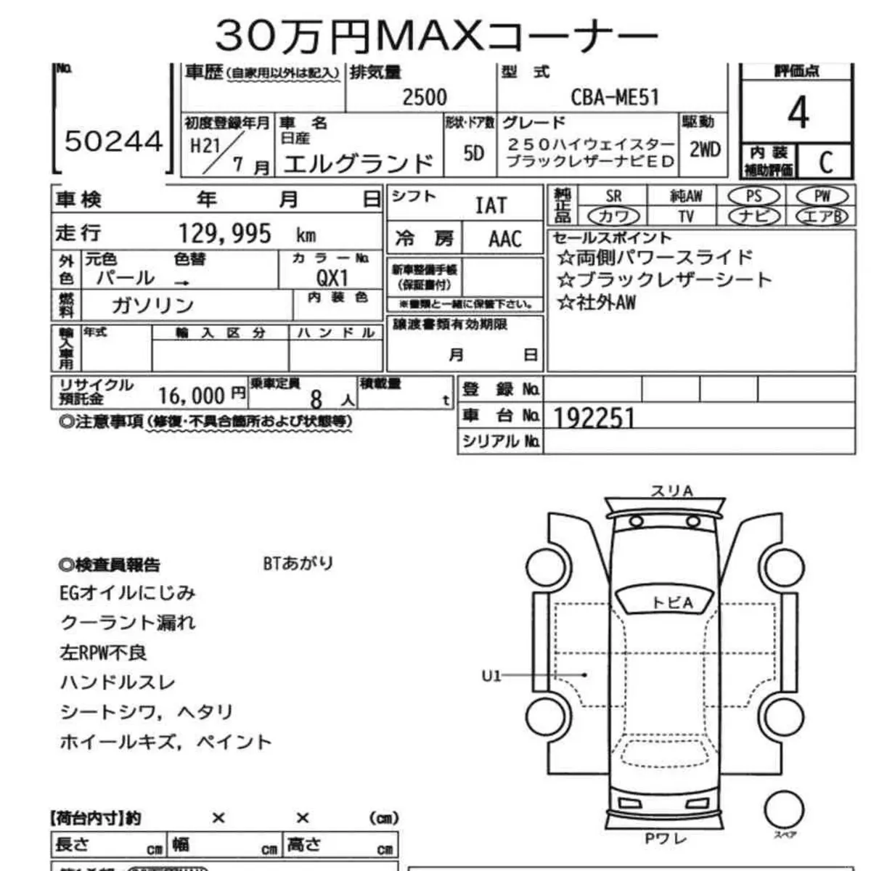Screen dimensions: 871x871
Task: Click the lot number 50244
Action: tap(114, 141)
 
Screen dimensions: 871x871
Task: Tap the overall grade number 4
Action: tap(798, 113)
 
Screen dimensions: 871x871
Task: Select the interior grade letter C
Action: tap(825, 162)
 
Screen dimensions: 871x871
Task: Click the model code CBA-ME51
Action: tap(614, 97)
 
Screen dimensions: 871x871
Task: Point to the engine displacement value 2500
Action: tap(425, 97)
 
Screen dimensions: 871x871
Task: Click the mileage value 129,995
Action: tap(225, 234)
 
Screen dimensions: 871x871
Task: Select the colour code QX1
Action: tap(332, 278)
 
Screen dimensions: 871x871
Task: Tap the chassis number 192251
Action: tap(594, 417)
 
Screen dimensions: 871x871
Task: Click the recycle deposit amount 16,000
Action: tap(192, 396)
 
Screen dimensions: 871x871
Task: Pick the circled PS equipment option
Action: tap(753, 196)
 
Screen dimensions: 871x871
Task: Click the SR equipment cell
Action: tap(613, 196)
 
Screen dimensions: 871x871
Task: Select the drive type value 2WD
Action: tap(704, 150)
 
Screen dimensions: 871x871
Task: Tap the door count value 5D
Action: tap(473, 153)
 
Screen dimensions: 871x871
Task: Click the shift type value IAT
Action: tap(491, 205)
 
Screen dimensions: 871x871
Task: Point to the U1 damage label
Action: tap(491, 676)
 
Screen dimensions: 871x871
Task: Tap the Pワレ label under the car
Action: tap(666, 839)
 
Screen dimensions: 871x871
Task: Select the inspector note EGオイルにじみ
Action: tap(128, 593)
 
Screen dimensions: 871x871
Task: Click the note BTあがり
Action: tap(298, 563)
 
